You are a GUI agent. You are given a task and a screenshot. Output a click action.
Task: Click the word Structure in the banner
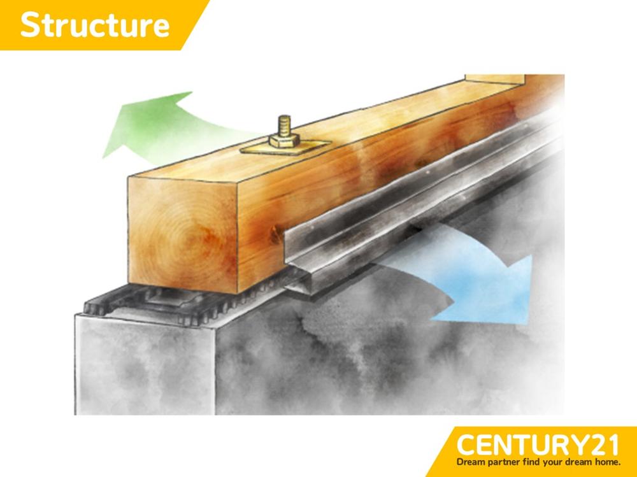click(x=95, y=25)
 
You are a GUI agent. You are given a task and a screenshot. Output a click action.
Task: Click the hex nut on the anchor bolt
click(x=284, y=141)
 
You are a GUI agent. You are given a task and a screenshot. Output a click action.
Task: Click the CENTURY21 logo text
click(x=538, y=445)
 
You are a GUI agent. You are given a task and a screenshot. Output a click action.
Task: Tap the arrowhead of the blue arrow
click(x=499, y=292)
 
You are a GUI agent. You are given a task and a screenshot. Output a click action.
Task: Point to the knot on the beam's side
click(x=278, y=235)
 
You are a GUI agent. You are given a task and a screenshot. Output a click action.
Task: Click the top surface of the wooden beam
click(x=325, y=130)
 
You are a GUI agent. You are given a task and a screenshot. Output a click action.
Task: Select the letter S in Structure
click(x=31, y=25)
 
